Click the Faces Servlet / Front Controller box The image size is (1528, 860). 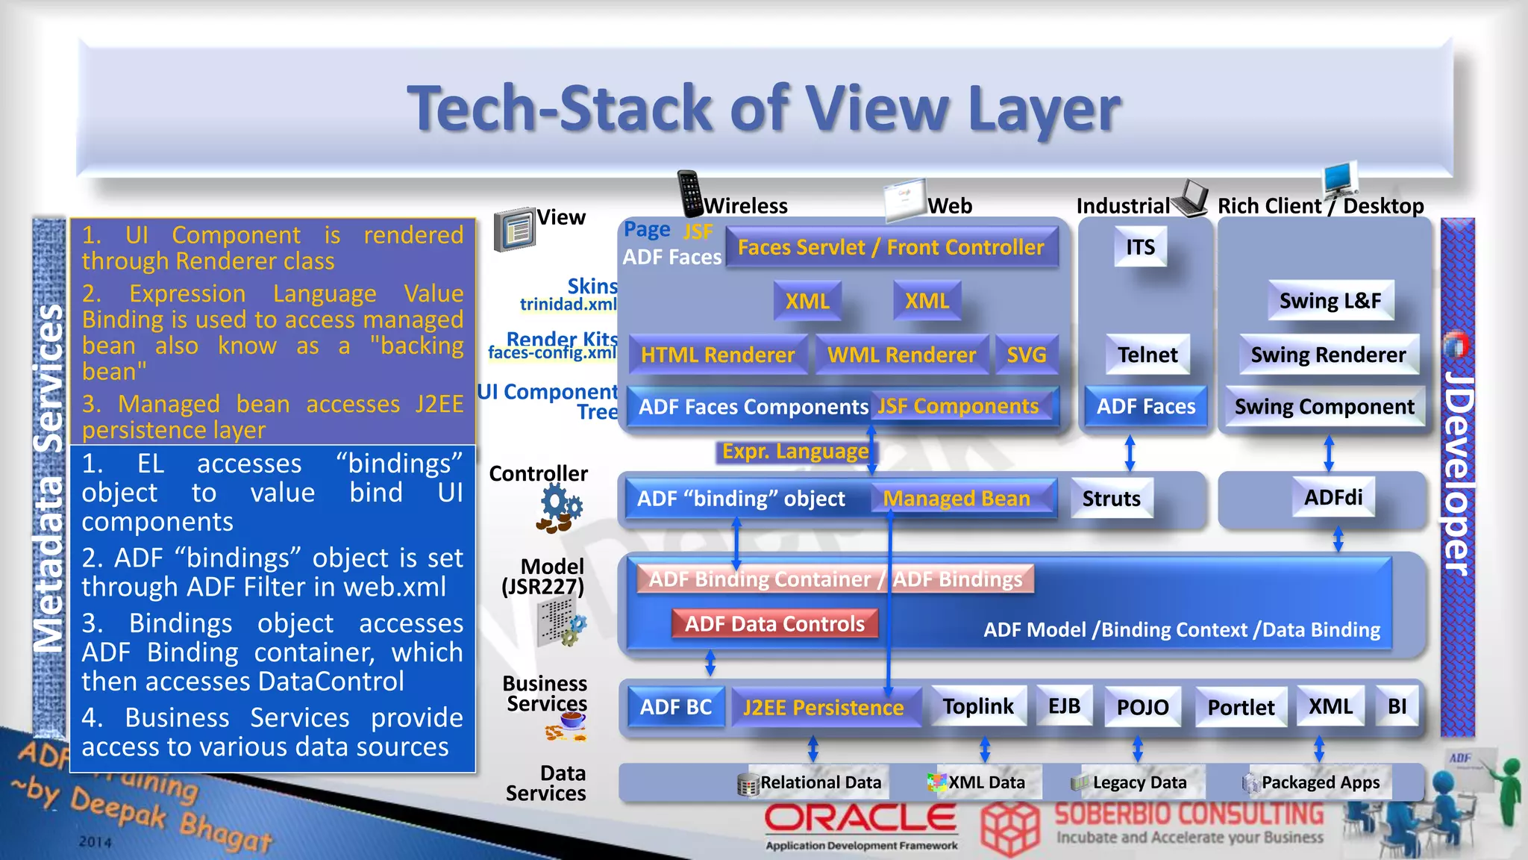coord(891,248)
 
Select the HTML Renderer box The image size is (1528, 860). coord(718,355)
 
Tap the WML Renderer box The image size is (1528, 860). coord(901,355)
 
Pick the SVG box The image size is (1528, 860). coord(1027,355)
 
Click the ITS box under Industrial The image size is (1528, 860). coord(1140,247)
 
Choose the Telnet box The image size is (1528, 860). coord(1147,355)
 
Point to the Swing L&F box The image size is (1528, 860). coord(1330,301)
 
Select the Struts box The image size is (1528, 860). coord(1111,499)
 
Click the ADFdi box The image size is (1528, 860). coord(1333,497)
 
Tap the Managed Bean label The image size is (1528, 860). coord(956,499)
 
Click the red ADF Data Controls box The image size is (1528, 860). coord(774,624)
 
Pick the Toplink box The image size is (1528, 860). coord(978,706)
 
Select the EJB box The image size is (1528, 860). coord(1064,706)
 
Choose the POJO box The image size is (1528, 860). coord(1142,707)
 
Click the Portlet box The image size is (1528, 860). coord(1241,707)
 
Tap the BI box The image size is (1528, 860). coord(1397,706)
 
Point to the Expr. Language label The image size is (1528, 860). coord(795,452)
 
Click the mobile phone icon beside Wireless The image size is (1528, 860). coord(690,193)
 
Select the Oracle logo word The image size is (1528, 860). coord(860,819)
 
